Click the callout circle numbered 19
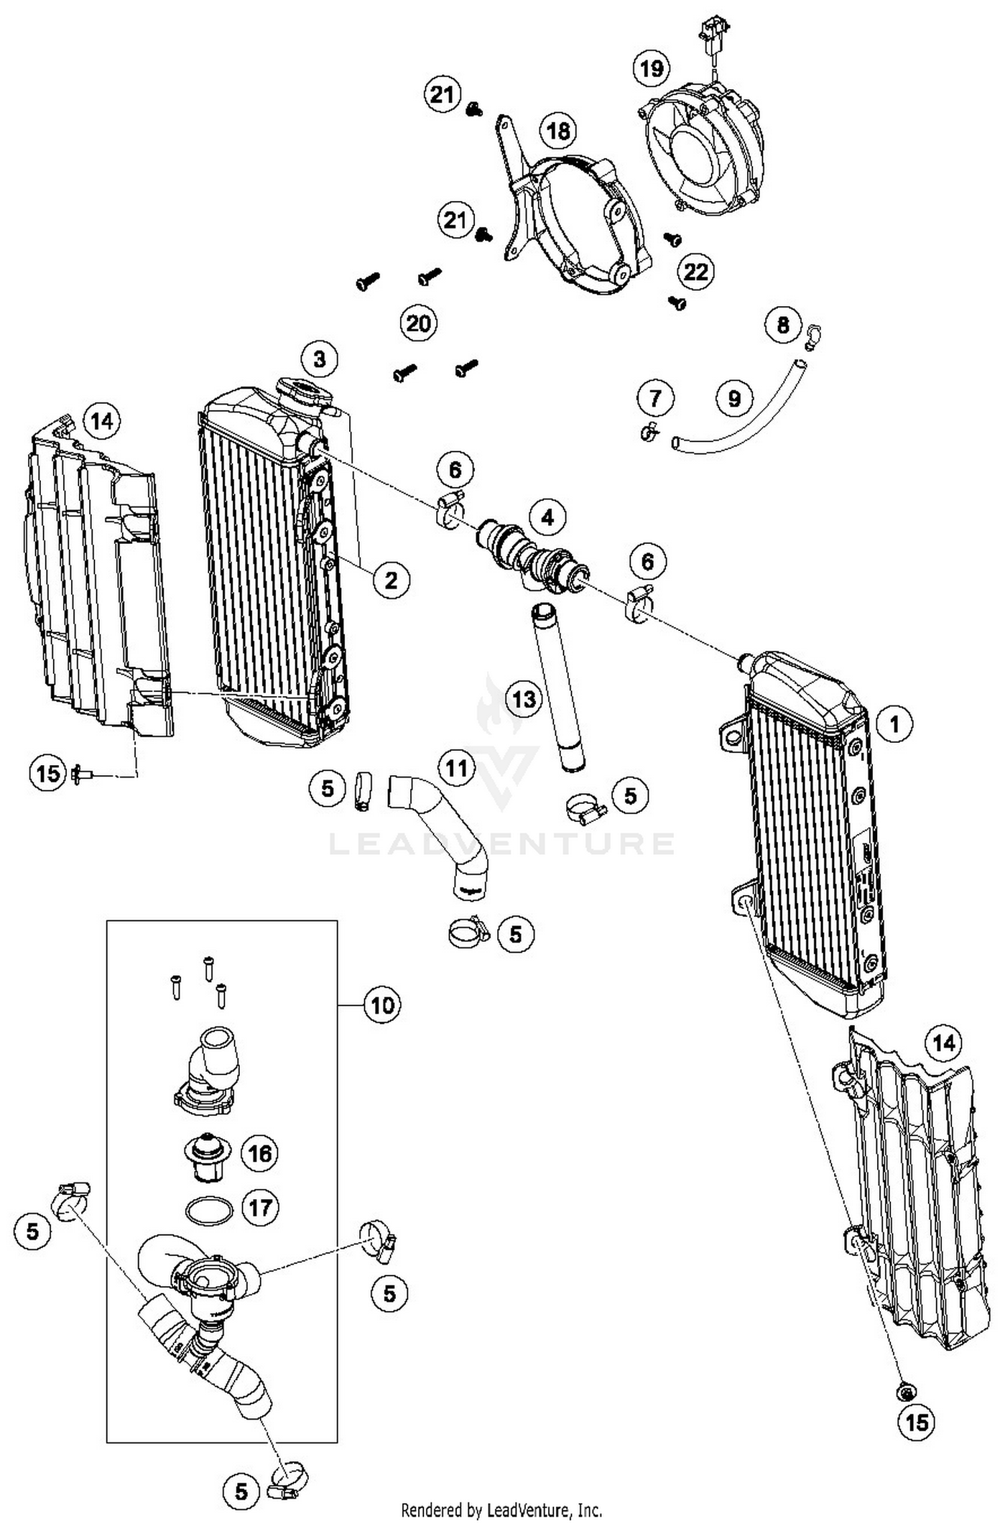651,68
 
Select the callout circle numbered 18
558,131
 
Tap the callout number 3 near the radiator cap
320,359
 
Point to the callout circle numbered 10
383,1005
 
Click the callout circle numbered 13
524,699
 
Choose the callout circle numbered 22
695,271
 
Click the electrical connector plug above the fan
712,30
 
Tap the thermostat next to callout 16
208,1154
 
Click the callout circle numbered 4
547,517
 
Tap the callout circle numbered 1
894,723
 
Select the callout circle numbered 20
418,324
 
